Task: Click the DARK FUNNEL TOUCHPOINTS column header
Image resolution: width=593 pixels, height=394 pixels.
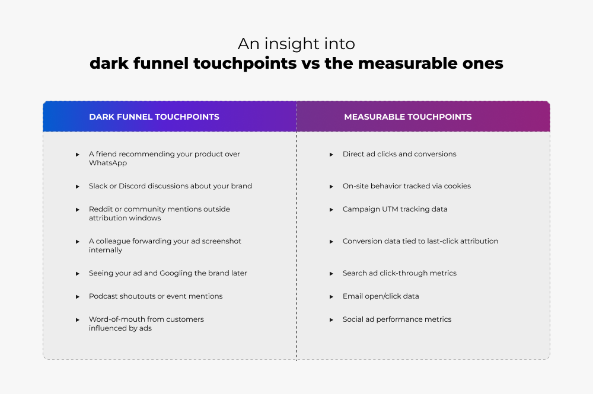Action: point(154,117)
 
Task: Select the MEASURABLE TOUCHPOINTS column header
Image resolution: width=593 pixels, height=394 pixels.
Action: point(408,117)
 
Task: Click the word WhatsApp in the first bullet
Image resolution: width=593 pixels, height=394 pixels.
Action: point(108,163)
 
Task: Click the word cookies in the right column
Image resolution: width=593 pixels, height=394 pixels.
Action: point(457,186)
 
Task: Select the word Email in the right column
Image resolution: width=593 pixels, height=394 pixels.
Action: point(353,296)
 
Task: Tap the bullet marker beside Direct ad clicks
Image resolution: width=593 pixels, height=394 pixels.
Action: point(331,155)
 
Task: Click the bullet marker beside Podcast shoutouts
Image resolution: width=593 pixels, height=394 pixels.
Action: point(77,296)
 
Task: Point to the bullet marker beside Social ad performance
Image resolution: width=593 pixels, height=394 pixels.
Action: point(331,320)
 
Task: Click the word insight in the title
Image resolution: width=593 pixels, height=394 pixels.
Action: point(287,44)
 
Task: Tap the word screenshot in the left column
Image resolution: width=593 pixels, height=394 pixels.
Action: point(220,241)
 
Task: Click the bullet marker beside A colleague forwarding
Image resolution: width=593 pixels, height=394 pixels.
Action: point(77,242)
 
